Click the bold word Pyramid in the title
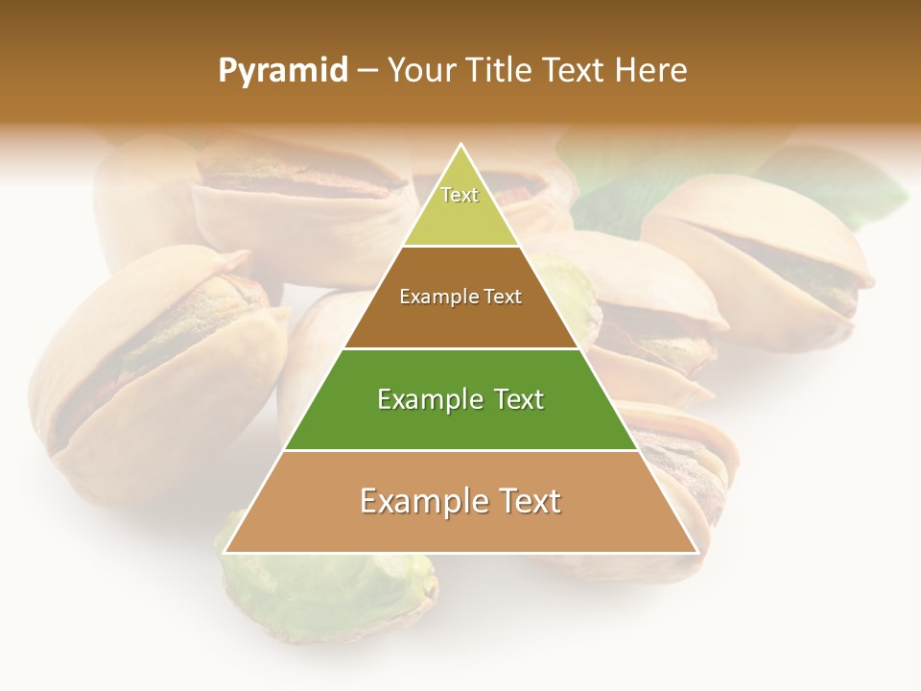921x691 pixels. pyautogui.click(x=282, y=71)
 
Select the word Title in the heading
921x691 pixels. pyautogui.click(x=500, y=70)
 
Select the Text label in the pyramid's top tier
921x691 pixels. pyautogui.click(x=460, y=195)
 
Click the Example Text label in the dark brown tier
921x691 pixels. pyautogui.click(x=460, y=297)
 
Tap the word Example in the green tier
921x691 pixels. pyautogui.click(x=429, y=399)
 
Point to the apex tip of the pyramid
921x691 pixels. pyautogui.click(x=461, y=146)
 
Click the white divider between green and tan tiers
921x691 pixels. pyautogui.click(x=460, y=450)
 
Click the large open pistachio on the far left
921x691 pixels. pyautogui.click(x=153, y=365)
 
